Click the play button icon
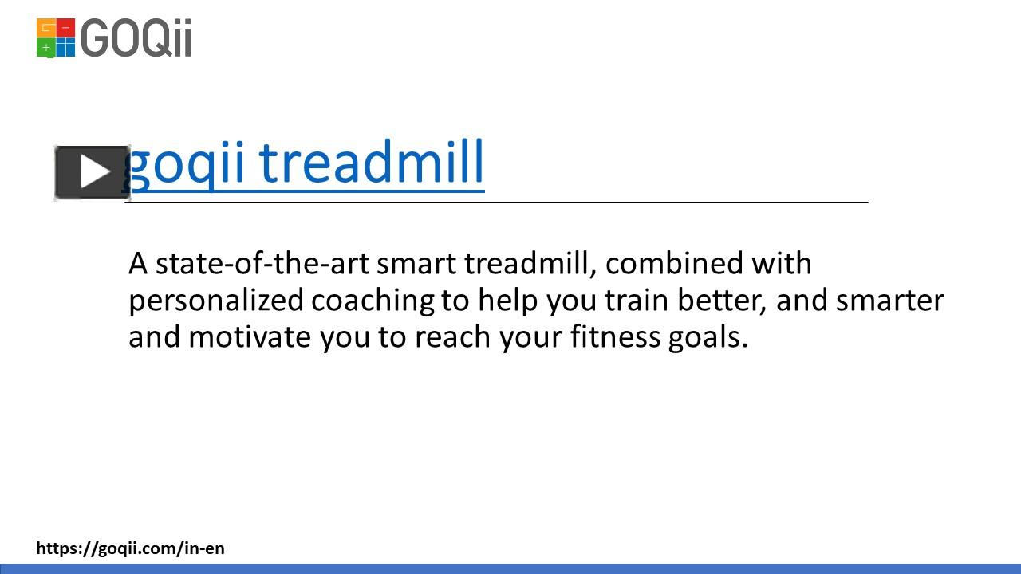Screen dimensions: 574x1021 93,172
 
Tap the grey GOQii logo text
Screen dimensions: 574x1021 136,38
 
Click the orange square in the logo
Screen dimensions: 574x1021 46,28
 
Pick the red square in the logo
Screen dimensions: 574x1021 65,28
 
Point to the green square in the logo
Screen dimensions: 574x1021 46,48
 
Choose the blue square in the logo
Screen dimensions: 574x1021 65,48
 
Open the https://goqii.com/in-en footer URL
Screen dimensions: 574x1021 130,548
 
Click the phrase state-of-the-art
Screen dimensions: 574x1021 262,263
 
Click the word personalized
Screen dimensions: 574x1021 216,301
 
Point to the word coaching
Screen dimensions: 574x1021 373,301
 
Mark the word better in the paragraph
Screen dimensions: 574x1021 721,301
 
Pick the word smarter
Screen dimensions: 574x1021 889,301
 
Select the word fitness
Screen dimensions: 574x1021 613,337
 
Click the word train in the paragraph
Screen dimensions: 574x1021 637,301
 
